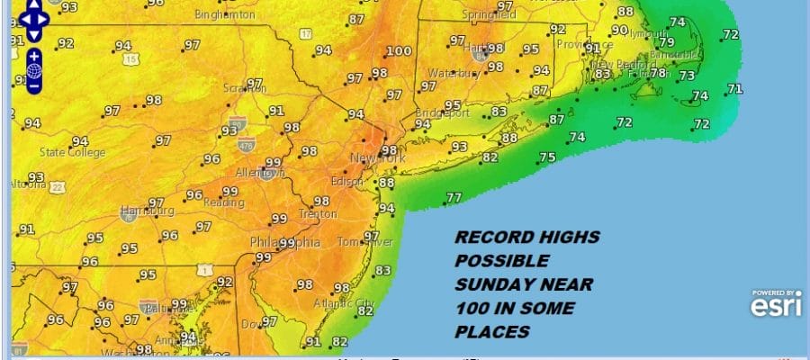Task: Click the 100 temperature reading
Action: pos(400,51)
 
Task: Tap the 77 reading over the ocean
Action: pos(454,197)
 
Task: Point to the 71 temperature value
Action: pos(735,88)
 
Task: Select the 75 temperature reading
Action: pos(547,157)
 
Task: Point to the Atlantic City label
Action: pos(355,302)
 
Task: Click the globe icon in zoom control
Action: pos(33,70)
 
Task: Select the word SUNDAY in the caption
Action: pos(490,285)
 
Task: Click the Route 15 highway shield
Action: pos(132,59)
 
